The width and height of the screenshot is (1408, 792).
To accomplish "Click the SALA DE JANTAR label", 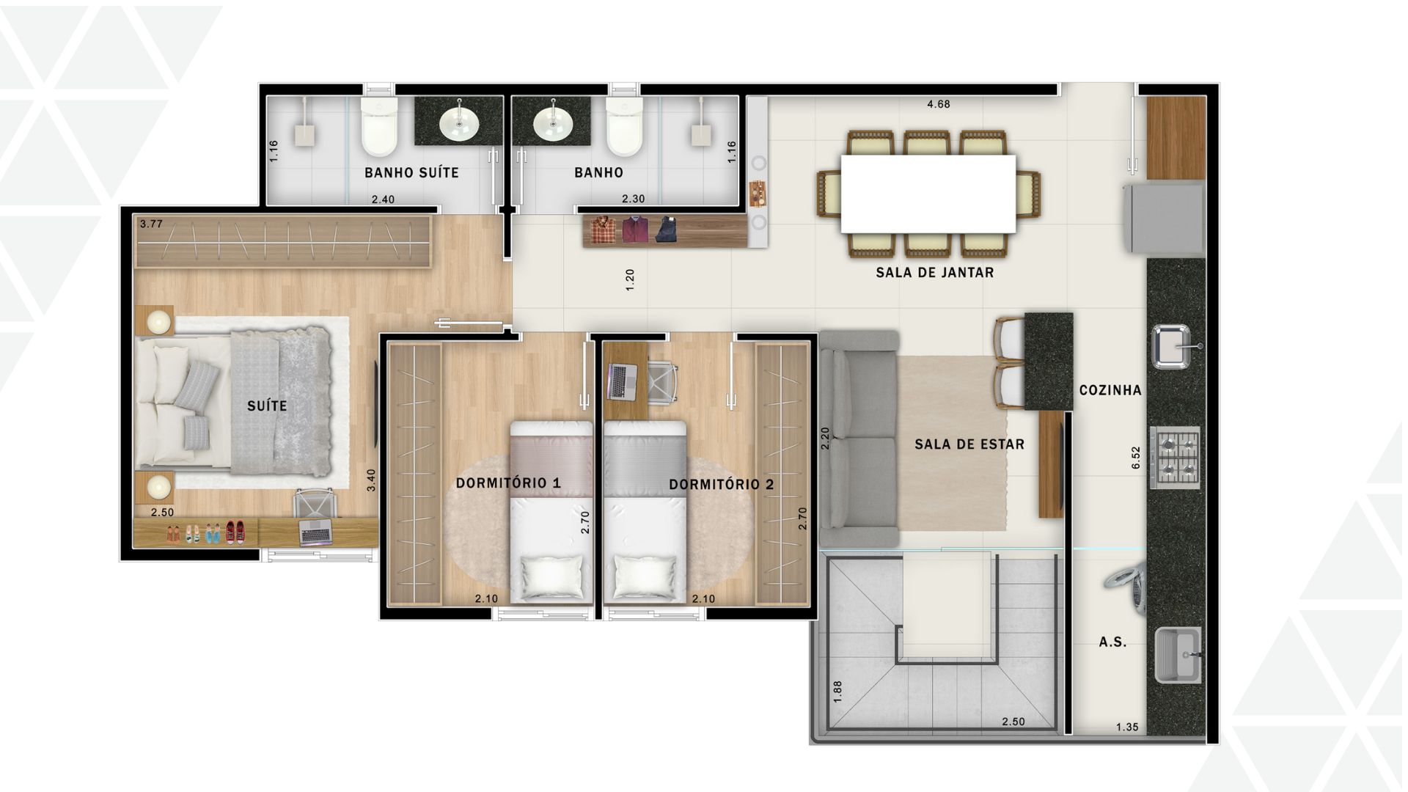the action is click(x=934, y=273).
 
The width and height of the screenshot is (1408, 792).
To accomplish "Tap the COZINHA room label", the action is click(x=1110, y=390).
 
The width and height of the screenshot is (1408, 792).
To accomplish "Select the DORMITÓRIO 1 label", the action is click(x=508, y=483).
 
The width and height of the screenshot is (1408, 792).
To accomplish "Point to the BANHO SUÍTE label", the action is click(x=411, y=173).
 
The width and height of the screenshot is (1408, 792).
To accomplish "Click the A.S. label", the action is click(x=1112, y=642).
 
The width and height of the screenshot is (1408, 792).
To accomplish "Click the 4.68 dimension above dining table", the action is click(x=939, y=104).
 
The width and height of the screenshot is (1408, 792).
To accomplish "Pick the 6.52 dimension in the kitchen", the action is click(x=1136, y=458).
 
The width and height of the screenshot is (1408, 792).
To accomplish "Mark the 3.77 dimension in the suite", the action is click(x=151, y=224).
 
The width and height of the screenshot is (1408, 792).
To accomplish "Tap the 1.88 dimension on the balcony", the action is click(x=837, y=692).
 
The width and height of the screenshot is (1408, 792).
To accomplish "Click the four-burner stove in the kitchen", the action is click(x=1175, y=457).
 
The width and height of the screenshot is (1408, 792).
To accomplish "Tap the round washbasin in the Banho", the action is click(x=551, y=124).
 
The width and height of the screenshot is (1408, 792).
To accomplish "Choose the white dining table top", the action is click(x=928, y=194).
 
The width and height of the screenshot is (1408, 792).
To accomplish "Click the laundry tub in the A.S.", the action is click(x=1178, y=655).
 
